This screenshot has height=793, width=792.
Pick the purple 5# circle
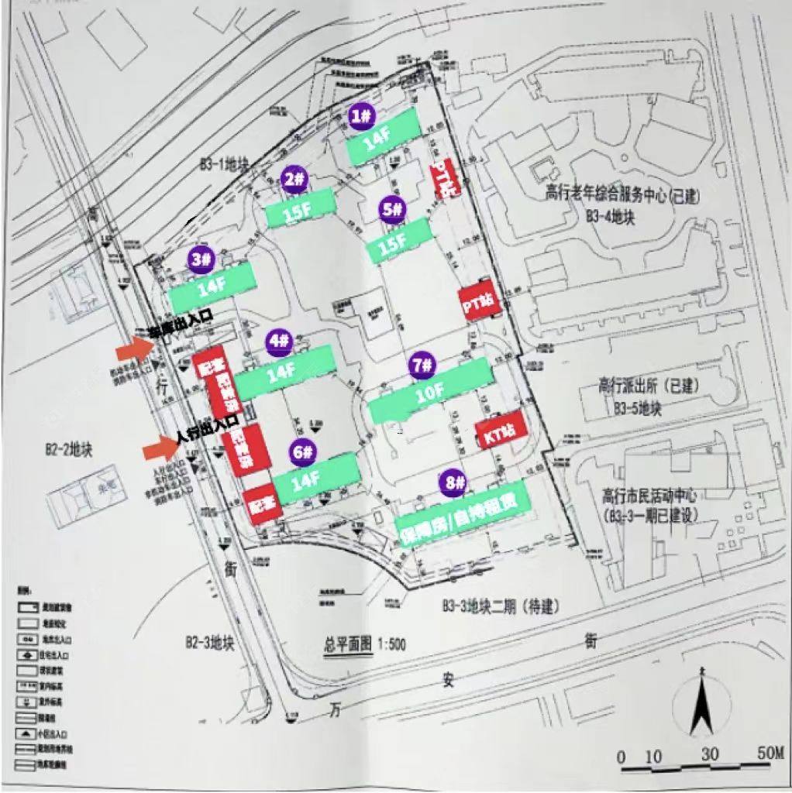click(393, 208)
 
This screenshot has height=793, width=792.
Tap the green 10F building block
click(431, 390)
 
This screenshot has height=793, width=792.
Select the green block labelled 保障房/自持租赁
click(463, 515)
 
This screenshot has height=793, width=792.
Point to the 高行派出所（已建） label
click(642, 385)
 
